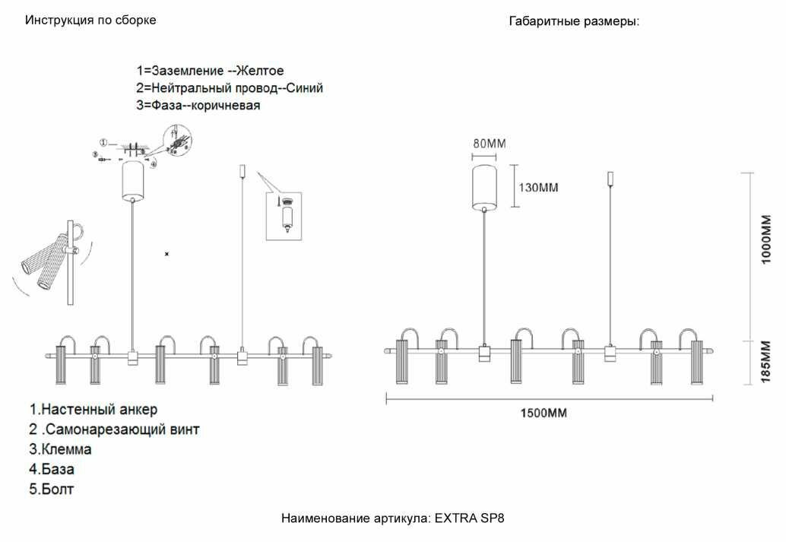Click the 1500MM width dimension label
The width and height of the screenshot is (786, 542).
point(544,414)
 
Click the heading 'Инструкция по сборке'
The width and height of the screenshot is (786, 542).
point(90,20)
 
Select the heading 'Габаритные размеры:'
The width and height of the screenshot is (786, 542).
point(574,21)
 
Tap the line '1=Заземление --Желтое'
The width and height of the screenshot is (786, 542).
point(211,71)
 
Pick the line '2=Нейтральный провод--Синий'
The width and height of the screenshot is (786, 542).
point(230,88)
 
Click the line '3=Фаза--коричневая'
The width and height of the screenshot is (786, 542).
point(198,106)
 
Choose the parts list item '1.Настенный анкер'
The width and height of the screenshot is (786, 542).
point(93,410)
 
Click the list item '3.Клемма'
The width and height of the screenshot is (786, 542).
point(61,449)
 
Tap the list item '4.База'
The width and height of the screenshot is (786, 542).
point(52,469)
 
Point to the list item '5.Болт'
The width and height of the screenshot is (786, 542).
point(52,489)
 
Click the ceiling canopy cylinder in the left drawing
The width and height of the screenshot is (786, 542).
point(134,180)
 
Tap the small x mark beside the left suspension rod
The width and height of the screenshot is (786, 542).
point(167,253)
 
